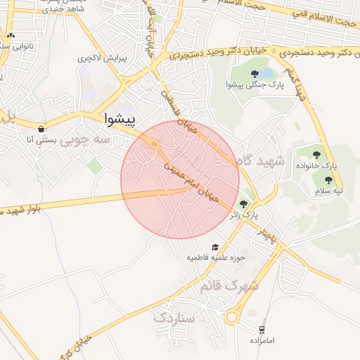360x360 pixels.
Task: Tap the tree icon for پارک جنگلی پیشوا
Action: point(255,73)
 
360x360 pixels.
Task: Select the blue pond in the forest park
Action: point(267,72)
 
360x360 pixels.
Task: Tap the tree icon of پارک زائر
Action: point(244,202)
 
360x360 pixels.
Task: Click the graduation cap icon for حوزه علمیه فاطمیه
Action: point(215,247)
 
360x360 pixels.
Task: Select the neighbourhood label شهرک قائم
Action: point(230,287)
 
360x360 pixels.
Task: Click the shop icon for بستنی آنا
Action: point(42,129)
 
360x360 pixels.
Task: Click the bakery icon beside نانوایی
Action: point(10,34)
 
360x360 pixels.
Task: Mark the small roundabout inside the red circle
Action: point(155,145)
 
